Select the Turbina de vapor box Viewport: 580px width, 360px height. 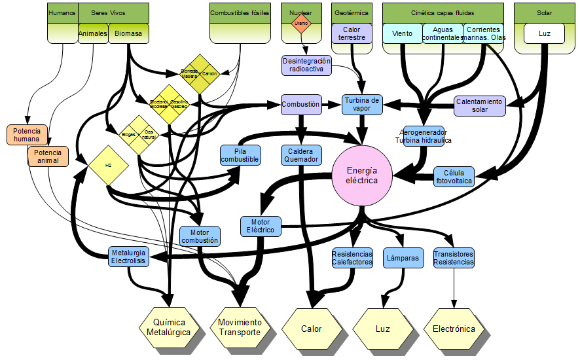tap(361, 104)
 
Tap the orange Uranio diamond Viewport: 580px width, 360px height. tap(301, 23)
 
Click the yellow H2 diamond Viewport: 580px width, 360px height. tap(108, 165)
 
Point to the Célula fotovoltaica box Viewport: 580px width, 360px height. tap(454, 177)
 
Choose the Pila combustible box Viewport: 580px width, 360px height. tap(240, 155)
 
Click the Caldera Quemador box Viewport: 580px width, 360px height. tap(300, 155)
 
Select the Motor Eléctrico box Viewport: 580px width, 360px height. tap(261, 226)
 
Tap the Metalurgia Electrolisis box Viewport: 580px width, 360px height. tap(128, 257)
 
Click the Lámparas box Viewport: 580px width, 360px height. tap(402, 258)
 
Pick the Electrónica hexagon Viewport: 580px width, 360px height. tap(454, 329)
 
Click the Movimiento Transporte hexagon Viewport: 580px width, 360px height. tap(240, 327)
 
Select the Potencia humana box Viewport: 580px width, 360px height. tap(26, 134)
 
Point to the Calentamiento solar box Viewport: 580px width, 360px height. tap(480, 105)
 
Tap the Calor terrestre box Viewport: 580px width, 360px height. tap(352, 33)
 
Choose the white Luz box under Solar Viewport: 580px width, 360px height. tap(544, 33)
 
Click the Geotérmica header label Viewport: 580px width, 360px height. tap(352, 12)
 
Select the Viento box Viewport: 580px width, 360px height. tap(402, 33)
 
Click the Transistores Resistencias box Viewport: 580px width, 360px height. tap(454, 258)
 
